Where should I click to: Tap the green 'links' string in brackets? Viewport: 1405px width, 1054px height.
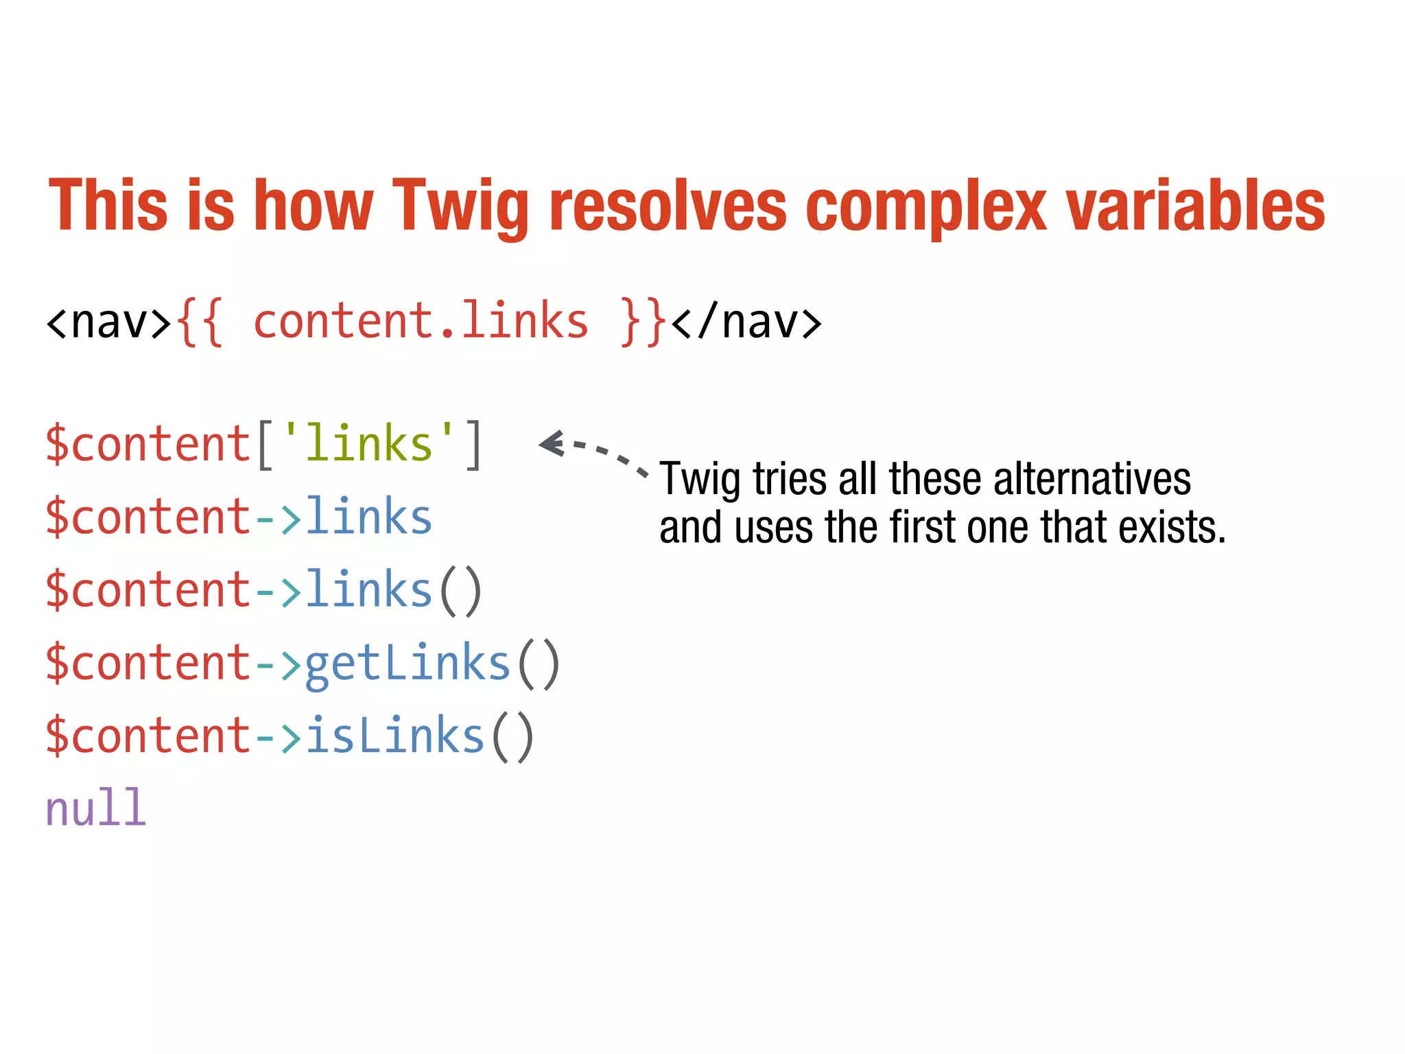point(368,443)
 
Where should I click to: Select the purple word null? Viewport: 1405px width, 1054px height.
point(95,808)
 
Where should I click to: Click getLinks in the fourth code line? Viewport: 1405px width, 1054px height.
point(408,664)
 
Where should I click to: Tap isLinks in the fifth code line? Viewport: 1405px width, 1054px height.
point(394,736)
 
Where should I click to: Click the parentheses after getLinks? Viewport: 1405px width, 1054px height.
point(539,664)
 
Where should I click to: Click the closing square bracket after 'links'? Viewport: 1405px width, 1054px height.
point(473,445)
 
